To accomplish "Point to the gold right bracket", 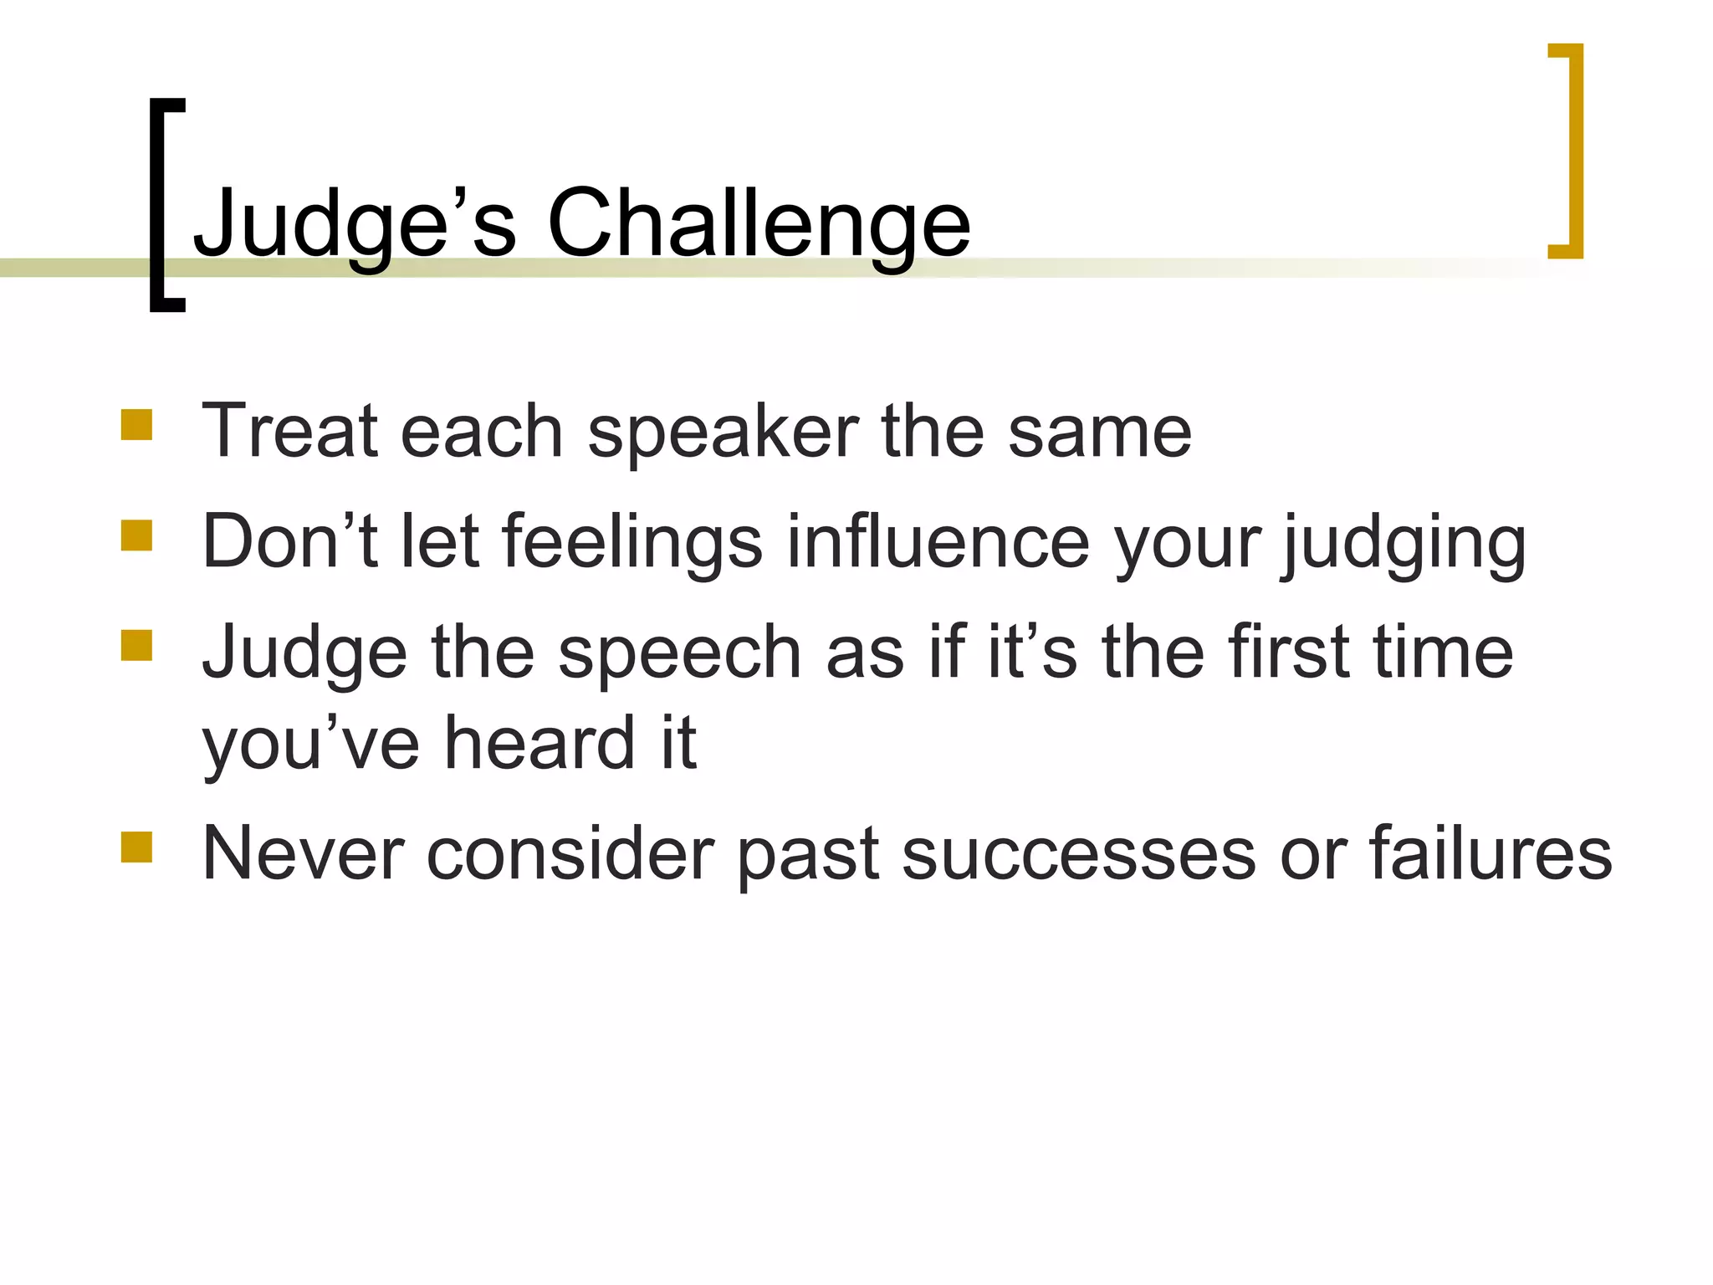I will pos(1574,151).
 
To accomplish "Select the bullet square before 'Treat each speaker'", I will pos(136,424).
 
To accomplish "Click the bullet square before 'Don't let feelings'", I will pos(136,535).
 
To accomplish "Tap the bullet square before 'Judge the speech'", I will pos(136,646).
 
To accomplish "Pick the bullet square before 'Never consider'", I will pos(136,847).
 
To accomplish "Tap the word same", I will pos(1099,433).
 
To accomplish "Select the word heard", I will pos(539,743).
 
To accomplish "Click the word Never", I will pos(303,855).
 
